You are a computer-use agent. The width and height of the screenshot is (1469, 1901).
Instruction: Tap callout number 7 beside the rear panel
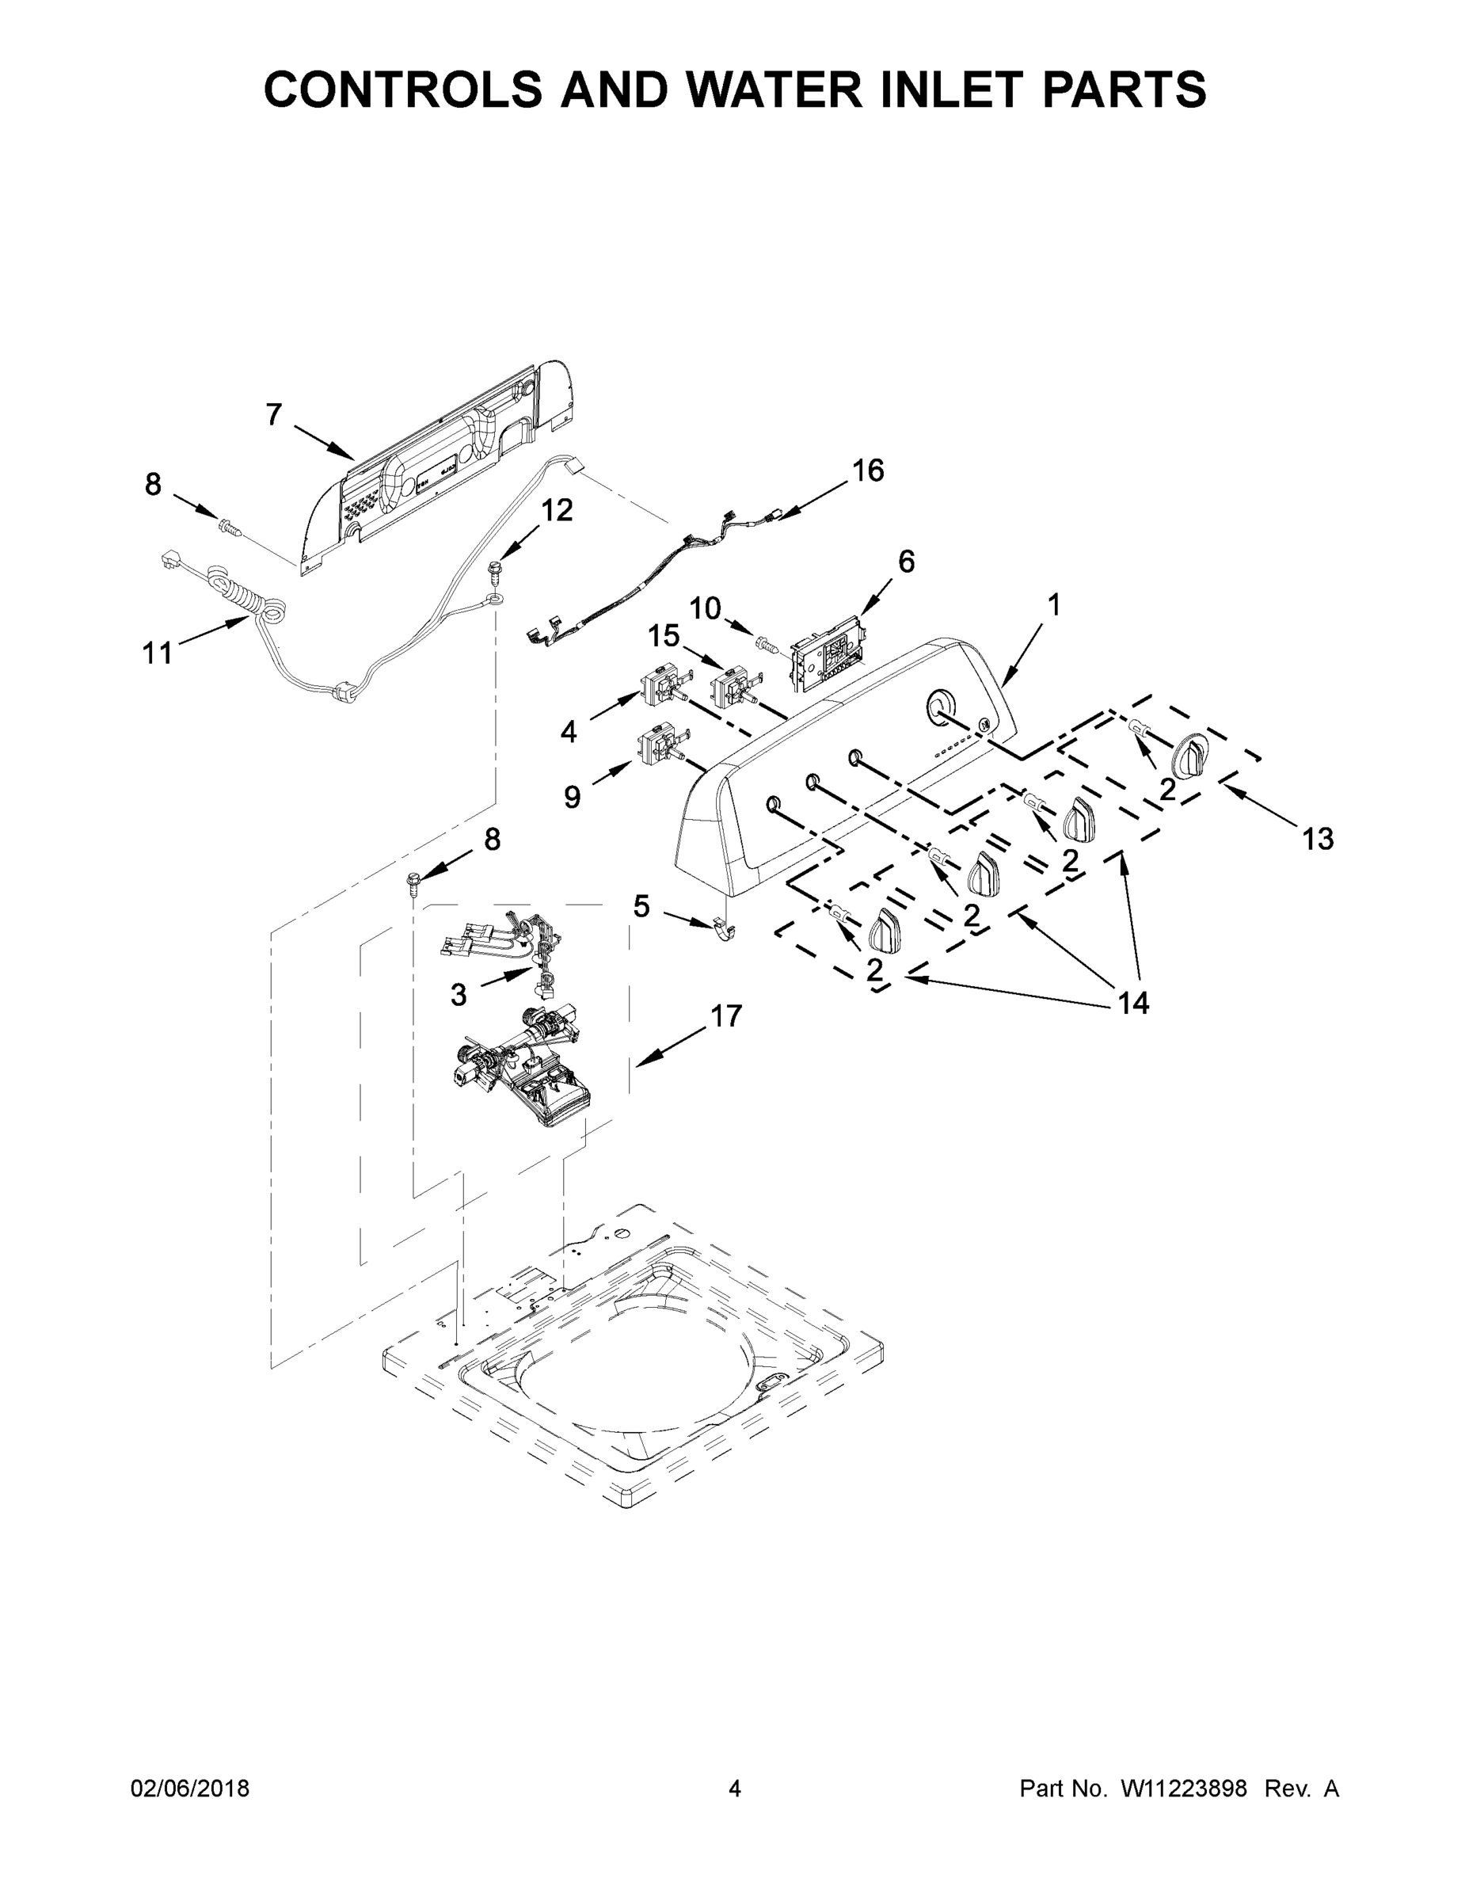click(x=274, y=416)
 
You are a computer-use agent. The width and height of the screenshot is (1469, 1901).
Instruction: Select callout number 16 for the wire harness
click(x=868, y=471)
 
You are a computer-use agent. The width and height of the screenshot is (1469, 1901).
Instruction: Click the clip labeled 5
click(x=722, y=930)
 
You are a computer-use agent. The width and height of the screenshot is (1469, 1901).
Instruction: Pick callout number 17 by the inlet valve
click(x=726, y=1015)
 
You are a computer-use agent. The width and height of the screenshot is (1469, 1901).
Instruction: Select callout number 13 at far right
click(x=1318, y=839)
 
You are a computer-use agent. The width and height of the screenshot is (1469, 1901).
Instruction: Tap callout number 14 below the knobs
click(x=1133, y=1004)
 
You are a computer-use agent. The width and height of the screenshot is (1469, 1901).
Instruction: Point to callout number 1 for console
click(x=1053, y=604)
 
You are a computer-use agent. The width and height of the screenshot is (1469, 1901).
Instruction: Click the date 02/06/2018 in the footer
click(x=190, y=1789)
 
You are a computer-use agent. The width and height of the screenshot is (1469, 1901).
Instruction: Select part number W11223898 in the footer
click(x=1184, y=1789)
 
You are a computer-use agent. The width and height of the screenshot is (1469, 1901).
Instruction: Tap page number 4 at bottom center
click(x=735, y=1789)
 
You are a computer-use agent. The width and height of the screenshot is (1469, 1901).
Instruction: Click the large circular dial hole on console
click(x=938, y=706)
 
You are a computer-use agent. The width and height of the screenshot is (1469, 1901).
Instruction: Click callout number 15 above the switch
click(x=663, y=636)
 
